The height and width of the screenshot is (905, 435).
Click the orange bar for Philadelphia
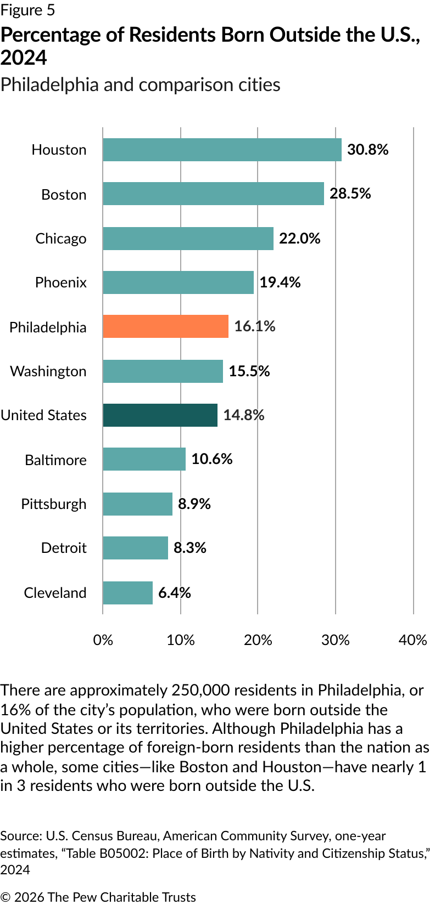coord(165,326)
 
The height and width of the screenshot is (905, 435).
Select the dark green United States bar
coord(160,415)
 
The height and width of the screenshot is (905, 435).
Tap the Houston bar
coord(222,149)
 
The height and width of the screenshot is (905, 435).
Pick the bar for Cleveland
coord(127,592)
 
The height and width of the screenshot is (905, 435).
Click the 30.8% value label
coord(367,149)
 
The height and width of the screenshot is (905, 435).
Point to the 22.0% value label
coord(299,238)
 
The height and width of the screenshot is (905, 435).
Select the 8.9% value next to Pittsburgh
coord(194,504)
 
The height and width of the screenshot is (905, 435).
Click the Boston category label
coord(64,195)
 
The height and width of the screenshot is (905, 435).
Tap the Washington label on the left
coord(48,371)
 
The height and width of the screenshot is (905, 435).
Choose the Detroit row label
coord(64,548)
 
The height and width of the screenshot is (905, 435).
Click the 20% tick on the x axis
coord(258,640)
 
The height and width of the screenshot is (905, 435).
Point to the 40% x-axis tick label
coord(413,640)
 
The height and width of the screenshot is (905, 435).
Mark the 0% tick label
coord(103,640)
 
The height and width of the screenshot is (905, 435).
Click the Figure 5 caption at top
coord(27,10)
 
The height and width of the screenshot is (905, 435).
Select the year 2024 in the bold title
coord(24,58)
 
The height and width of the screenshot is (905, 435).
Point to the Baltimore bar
coord(144,459)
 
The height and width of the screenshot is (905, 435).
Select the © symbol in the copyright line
coord(5,897)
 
